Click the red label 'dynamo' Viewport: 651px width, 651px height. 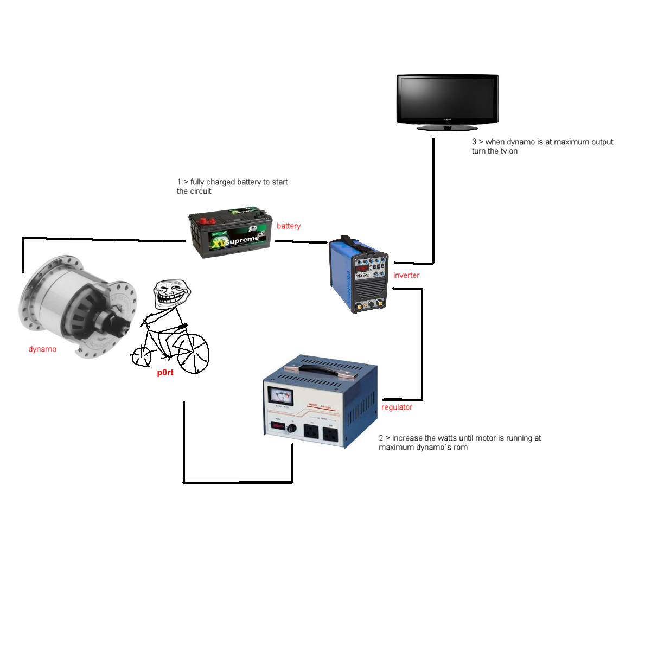tap(42, 349)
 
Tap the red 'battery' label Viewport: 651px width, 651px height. tap(288, 226)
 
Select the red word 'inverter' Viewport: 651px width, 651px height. tap(406, 275)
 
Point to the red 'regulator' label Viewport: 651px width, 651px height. tap(397, 407)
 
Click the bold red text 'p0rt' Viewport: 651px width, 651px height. tap(165, 373)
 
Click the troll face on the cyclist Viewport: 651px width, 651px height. tap(173, 295)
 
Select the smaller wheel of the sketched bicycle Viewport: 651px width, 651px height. tap(142, 355)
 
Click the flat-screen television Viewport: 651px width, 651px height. tap(447, 100)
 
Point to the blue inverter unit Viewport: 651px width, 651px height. tap(358, 274)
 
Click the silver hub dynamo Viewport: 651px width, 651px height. tap(76, 307)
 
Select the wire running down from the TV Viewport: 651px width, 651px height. tap(433, 201)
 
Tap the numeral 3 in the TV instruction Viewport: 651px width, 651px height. tap(474, 142)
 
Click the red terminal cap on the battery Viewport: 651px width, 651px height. tap(206, 221)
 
